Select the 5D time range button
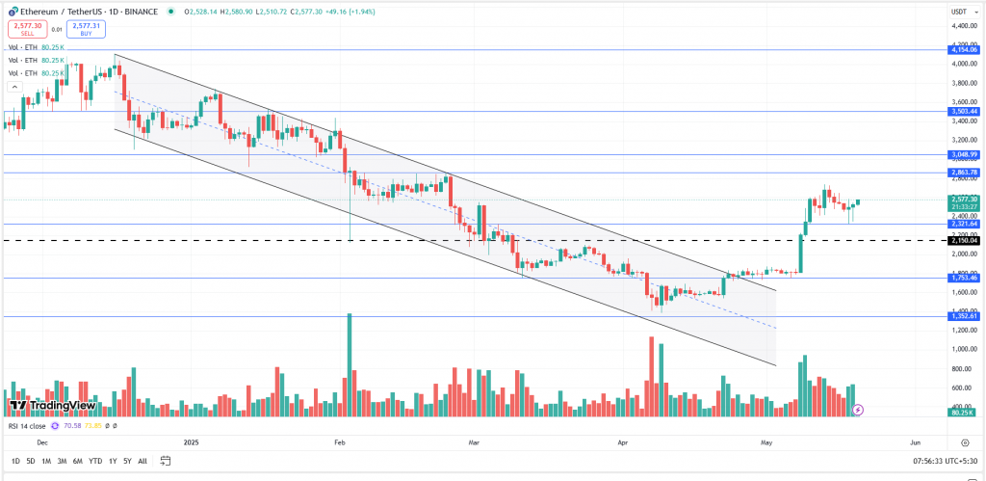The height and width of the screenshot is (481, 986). (x=30, y=461)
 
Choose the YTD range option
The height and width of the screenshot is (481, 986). (x=95, y=461)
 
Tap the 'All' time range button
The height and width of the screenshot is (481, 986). (x=143, y=461)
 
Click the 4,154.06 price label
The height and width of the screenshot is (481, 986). (x=964, y=49)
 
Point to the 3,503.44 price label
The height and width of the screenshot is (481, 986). (x=964, y=112)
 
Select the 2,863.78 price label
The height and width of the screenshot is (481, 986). (x=964, y=173)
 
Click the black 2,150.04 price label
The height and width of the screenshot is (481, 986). (x=964, y=240)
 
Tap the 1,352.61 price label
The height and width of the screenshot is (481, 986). (x=964, y=316)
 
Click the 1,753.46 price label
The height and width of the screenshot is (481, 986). (x=964, y=278)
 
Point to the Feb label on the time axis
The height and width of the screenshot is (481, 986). (x=339, y=441)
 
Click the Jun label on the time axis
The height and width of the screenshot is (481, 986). (x=915, y=441)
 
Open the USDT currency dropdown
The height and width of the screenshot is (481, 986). (x=960, y=12)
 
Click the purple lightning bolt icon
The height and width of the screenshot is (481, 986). (x=858, y=409)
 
